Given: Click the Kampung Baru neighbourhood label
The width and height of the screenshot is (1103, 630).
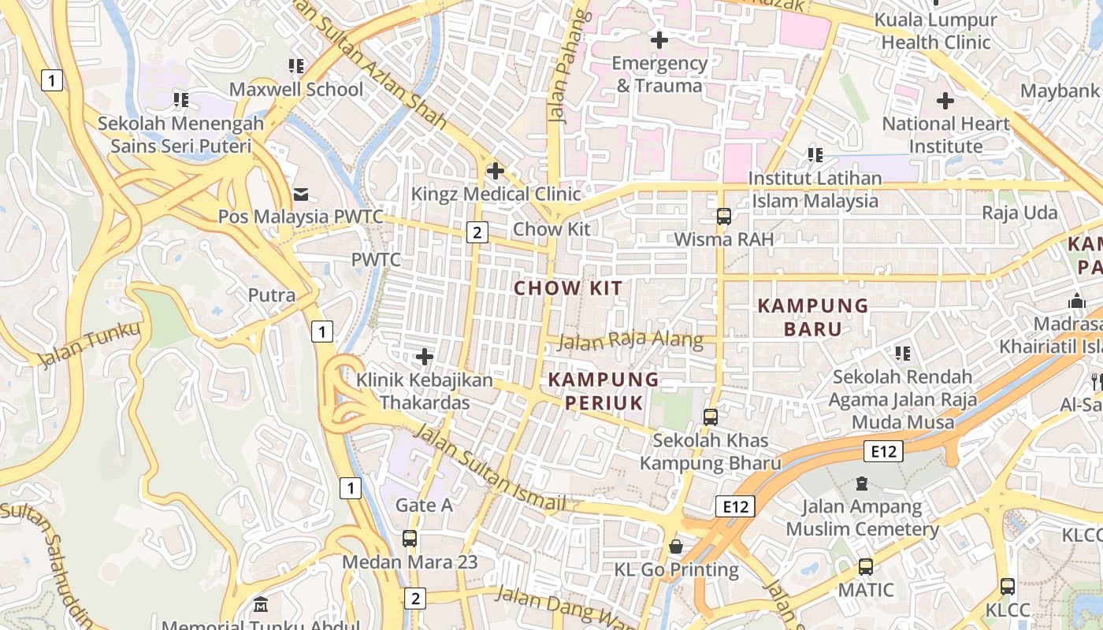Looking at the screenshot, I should click(812, 317).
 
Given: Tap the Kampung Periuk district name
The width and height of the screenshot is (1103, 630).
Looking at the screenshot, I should click(603, 391).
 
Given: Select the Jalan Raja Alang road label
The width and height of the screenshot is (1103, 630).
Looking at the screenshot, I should click(630, 340).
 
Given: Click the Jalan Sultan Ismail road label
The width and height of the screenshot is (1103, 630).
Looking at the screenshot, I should click(488, 468).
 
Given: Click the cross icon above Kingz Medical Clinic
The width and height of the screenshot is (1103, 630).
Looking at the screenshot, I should click(496, 170).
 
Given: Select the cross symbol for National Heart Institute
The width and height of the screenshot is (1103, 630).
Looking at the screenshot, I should click(945, 101).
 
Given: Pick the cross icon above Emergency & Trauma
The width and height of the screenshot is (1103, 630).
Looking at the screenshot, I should click(659, 39).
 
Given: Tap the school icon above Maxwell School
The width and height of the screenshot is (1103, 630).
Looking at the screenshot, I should click(296, 66).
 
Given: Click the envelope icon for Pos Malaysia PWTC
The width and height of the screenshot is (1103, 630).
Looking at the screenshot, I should click(300, 194).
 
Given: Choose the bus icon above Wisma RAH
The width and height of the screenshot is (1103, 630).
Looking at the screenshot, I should click(723, 217).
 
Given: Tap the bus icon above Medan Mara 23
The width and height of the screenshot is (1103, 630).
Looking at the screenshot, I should click(409, 539).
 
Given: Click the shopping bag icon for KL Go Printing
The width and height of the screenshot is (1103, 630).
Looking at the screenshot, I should click(676, 546).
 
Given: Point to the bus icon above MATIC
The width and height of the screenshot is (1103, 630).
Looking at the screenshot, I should click(865, 566).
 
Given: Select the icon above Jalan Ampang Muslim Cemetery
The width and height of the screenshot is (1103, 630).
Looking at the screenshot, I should click(862, 483).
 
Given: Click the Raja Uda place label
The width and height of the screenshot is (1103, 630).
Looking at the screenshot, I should click(1019, 213).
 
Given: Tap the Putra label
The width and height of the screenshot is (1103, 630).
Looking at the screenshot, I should click(272, 295).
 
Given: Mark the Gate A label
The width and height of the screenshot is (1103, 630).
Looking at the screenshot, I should click(424, 505).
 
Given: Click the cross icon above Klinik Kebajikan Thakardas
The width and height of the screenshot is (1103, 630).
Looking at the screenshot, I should click(425, 358).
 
